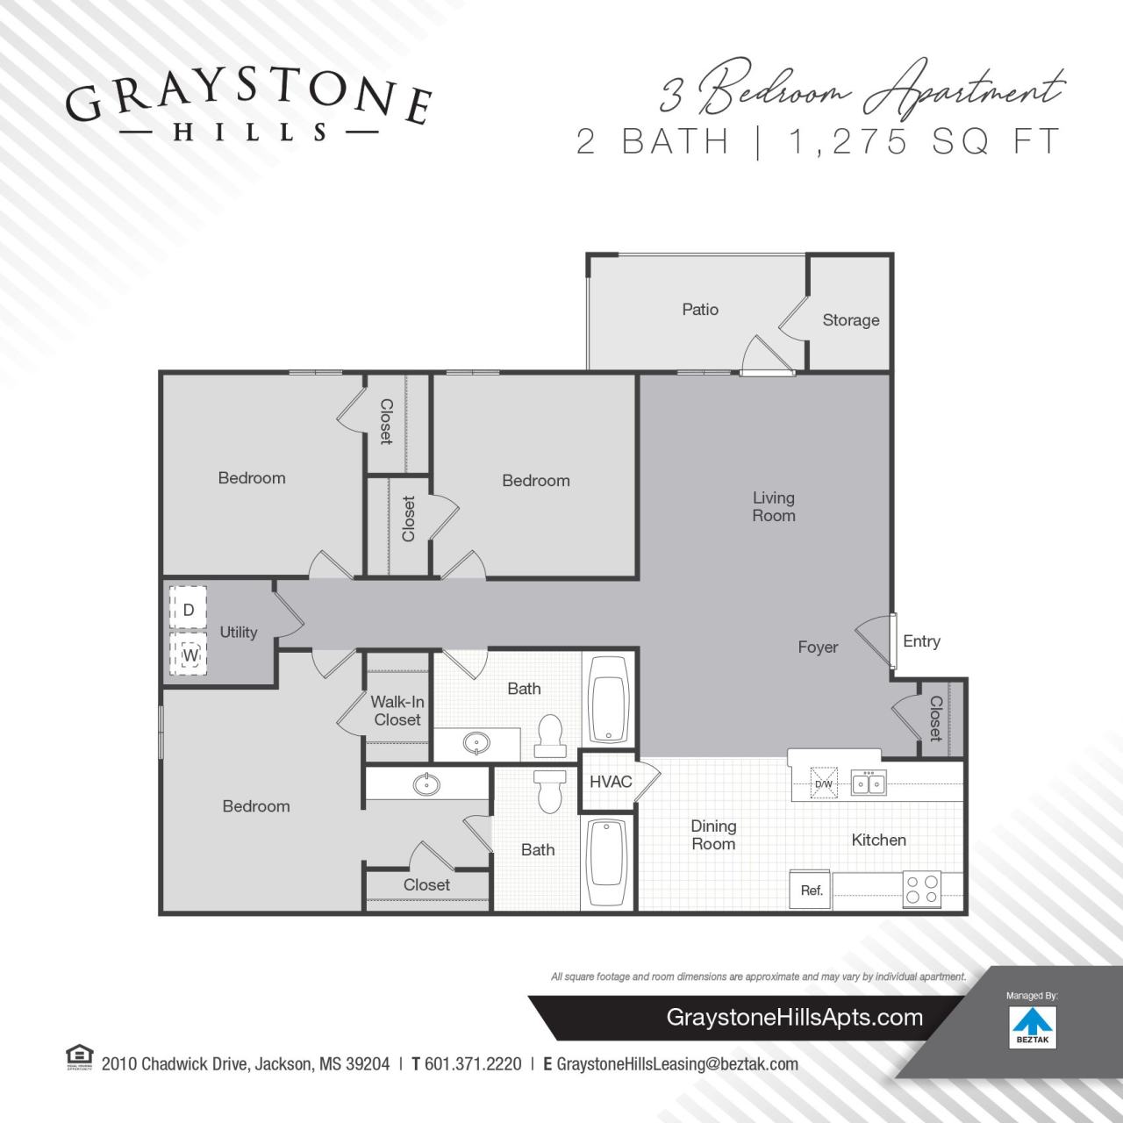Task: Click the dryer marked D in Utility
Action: tap(188, 608)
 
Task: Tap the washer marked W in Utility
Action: tap(190, 654)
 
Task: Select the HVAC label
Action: tap(611, 781)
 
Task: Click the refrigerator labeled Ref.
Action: tap(812, 890)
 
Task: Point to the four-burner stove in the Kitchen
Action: tap(922, 889)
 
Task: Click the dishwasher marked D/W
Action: tap(824, 783)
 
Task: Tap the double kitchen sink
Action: tap(869, 783)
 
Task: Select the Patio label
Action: tap(700, 309)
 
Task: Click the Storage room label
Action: tap(850, 320)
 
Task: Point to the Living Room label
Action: tap(773, 506)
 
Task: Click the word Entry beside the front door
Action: tap(921, 641)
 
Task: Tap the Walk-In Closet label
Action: tap(397, 711)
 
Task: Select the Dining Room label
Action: tap(713, 834)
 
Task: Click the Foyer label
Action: tap(818, 647)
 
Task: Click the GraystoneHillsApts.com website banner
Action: tap(794, 1018)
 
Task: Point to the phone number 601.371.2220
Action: tap(473, 1064)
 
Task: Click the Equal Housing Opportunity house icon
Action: tap(79, 1057)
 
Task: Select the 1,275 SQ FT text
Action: tap(925, 141)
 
